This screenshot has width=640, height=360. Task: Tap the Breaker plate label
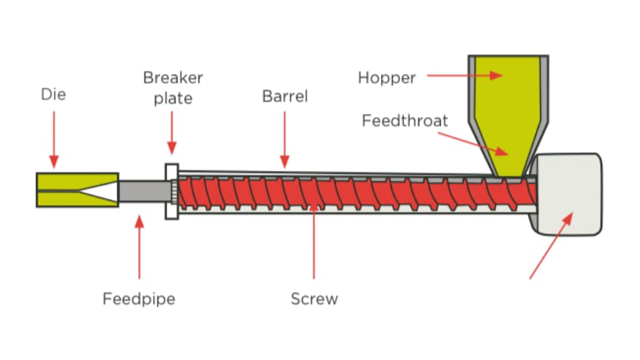pos(173,87)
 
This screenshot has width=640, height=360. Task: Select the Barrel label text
pos(285,96)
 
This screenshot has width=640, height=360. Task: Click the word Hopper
pos(387,78)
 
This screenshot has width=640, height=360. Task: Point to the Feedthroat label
pos(405,120)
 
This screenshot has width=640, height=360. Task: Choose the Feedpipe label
pos(139,298)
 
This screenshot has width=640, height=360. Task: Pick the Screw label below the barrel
pos(314,298)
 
